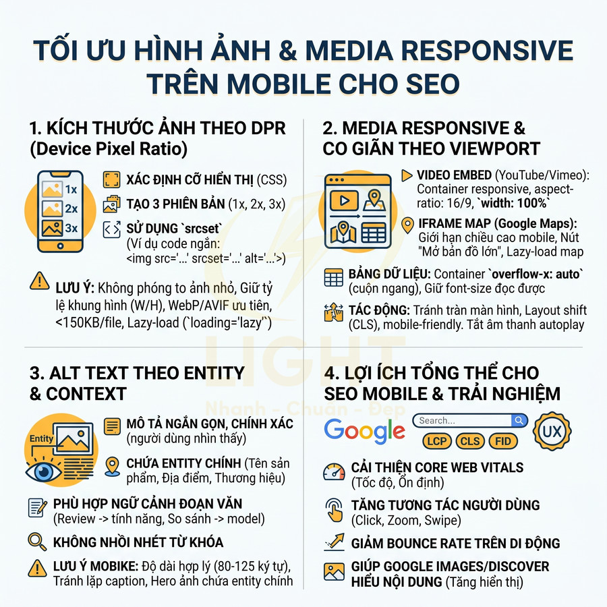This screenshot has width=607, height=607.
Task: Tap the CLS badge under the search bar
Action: tap(469, 442)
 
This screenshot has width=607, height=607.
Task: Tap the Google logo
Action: tap(364, 430)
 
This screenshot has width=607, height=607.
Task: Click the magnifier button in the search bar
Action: tap(519, 421)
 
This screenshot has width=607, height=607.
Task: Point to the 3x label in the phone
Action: tap(69, 228)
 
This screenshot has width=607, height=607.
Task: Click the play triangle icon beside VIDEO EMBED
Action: tap(407, 175)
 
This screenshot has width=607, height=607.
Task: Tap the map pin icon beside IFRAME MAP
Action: tap(407, 225)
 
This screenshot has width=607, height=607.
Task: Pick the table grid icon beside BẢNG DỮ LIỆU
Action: tap(334, 278)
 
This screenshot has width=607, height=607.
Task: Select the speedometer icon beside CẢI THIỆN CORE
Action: tap(334, 471)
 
